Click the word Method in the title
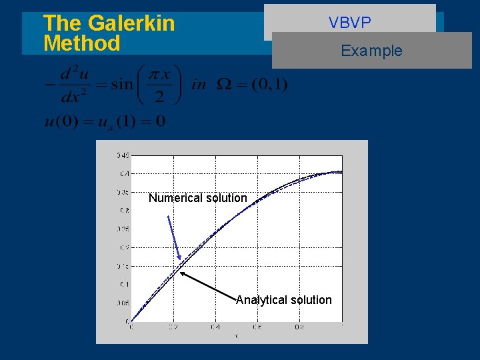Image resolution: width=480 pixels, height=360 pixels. (x=81, y=44)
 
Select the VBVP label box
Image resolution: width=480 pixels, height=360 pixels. (x=349, y=23)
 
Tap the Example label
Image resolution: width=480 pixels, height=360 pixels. (x=371, y=51)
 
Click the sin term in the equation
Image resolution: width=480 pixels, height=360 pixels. (x=121, y=85)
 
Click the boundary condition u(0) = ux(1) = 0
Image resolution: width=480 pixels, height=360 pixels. (x=105, y=121)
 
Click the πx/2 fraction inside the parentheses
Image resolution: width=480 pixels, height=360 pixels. (x=160, y=85)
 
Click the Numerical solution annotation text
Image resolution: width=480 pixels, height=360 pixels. (x=197, y=198)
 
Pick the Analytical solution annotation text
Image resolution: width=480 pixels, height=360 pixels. (x=283, y=300)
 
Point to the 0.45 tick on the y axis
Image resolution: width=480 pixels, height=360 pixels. (x=123, y=155)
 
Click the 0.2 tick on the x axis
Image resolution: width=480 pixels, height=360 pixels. (x=173, y=327)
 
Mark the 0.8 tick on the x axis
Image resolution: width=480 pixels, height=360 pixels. (x=300, y=327)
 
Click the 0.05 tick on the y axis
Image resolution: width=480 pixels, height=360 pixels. (x=123, y=303)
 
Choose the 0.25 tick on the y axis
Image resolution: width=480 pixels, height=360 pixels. (x=123, y=229)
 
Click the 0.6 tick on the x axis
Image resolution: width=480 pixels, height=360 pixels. (x=258, y=327)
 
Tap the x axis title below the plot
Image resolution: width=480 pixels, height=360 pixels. (x=236, y=336)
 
